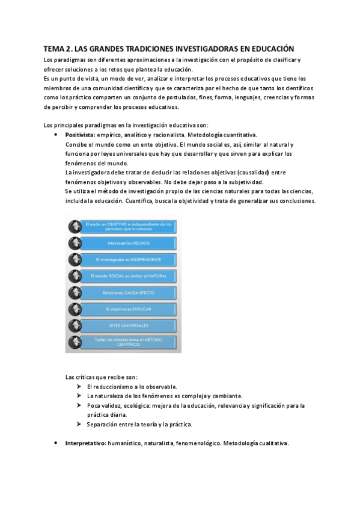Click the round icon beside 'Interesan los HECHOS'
tap(75, 244)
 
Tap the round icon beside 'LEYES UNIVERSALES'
tap(75, 325)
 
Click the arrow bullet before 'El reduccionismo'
tap(79, 386)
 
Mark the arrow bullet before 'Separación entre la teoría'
tap(79, 424)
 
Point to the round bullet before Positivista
tap(56, 135)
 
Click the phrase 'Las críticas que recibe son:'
tap(101, 376)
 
